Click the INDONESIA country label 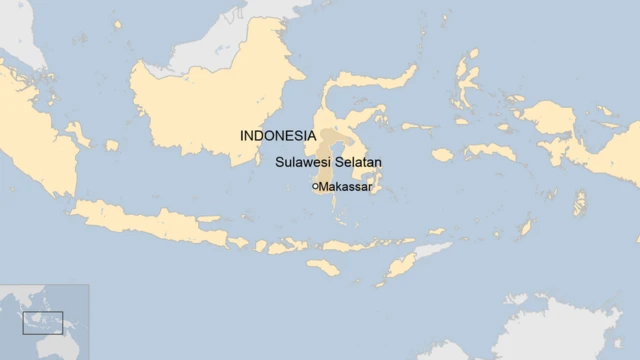276,135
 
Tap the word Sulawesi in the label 303,161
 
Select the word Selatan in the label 359,161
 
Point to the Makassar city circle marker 315,186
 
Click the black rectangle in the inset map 43,322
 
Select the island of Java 150,224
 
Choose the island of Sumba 324,268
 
